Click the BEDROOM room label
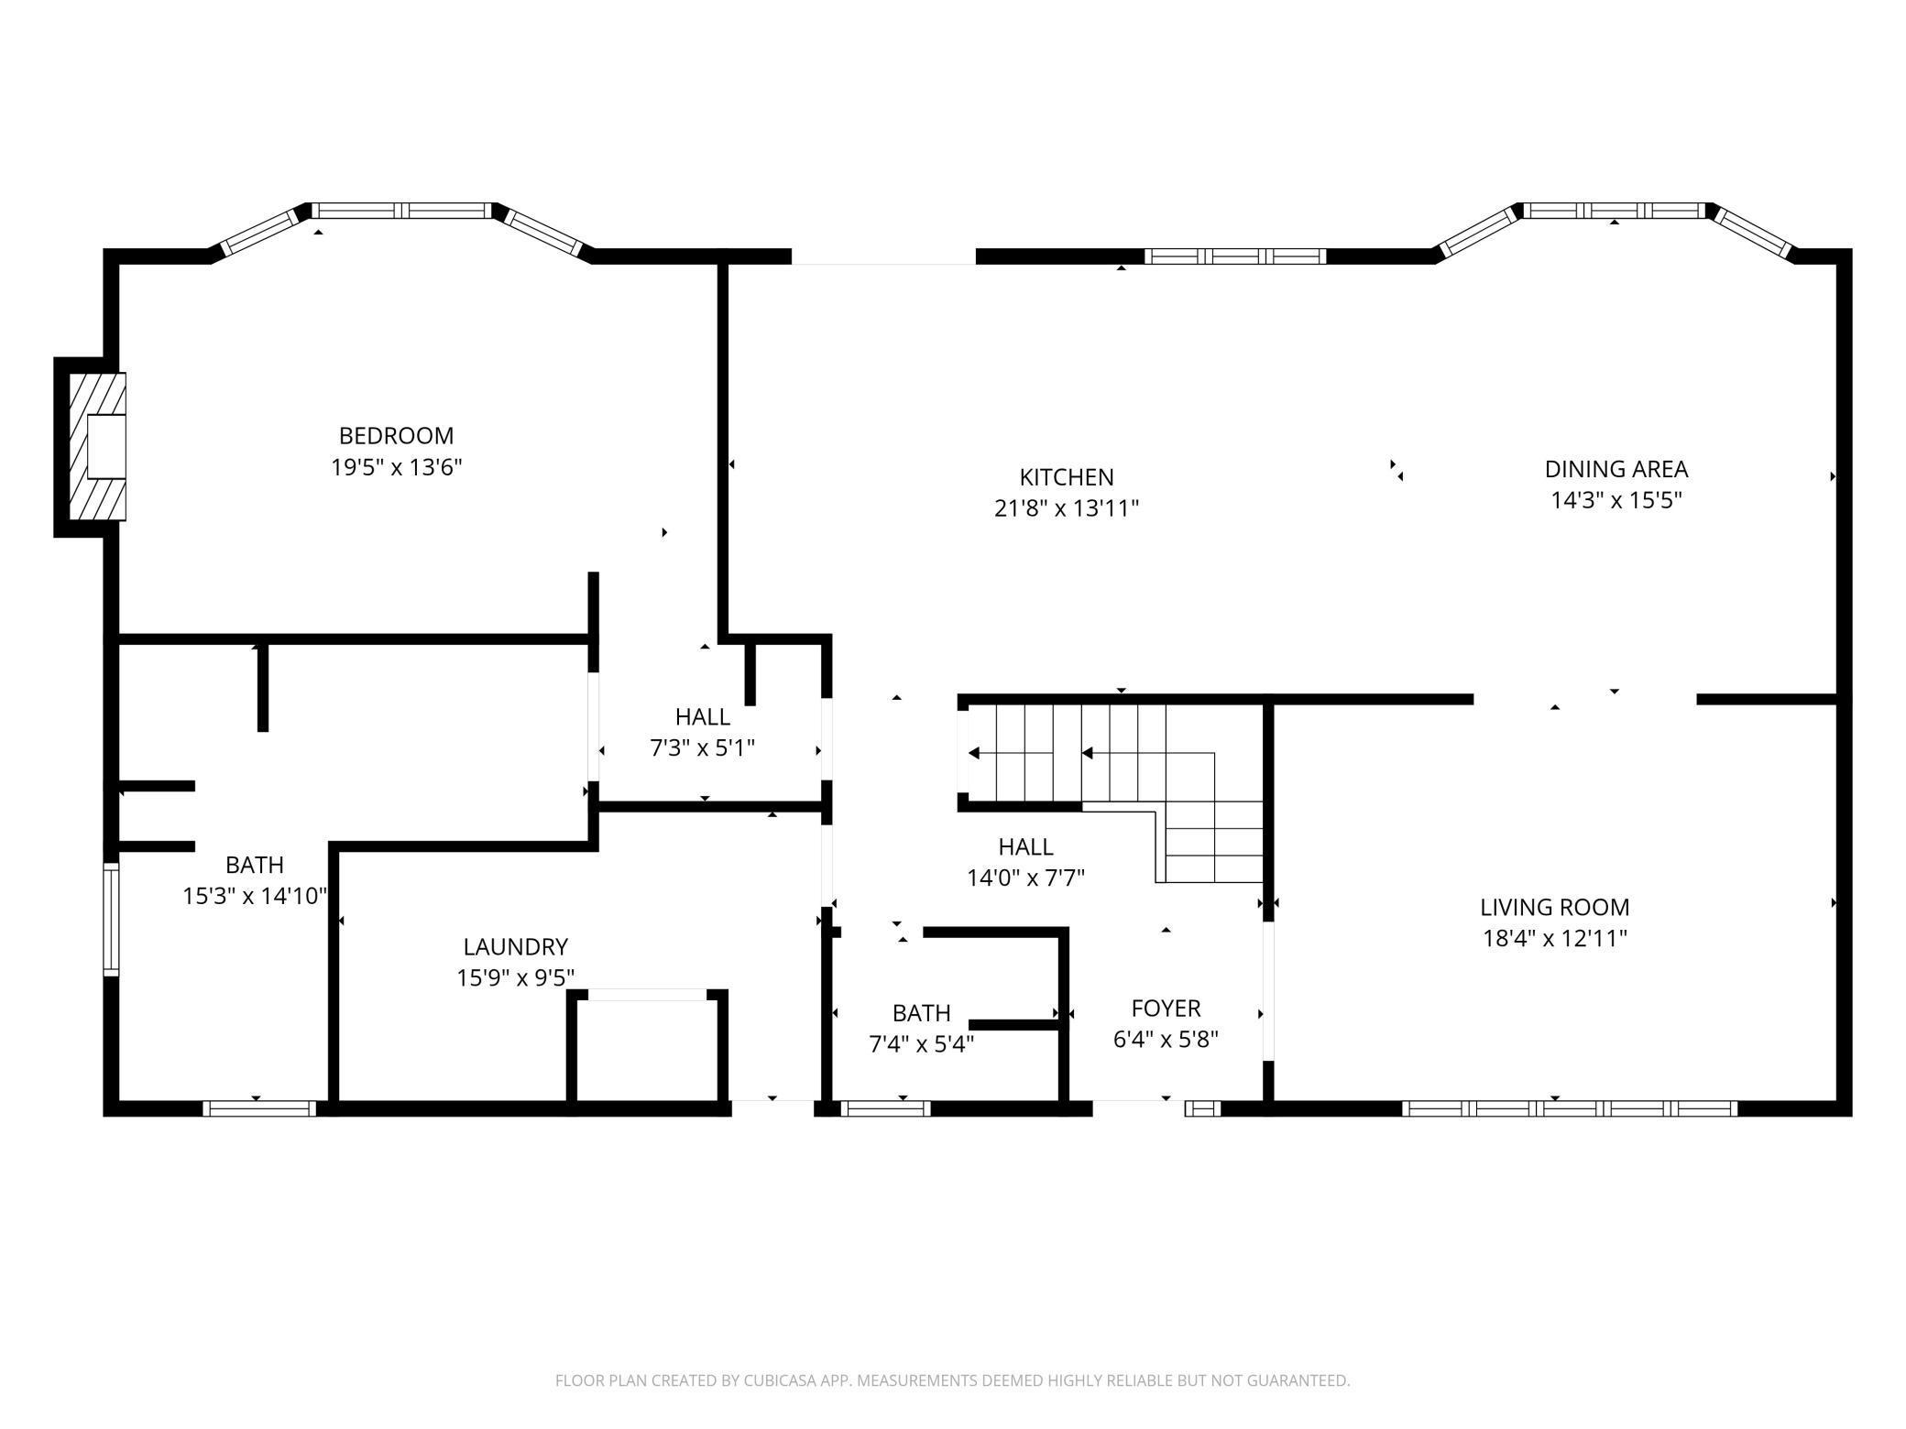[x=396, y=436]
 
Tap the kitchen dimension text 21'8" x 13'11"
[x=1066, y=508]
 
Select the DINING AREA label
[x=1616, y=469]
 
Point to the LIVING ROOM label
[x=1554, y=907]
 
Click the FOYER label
[x=1166, y=1008]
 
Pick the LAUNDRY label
[x=515, y=946]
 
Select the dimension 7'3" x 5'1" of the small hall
[x=702, y=748]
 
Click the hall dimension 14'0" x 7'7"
[x=1025, y=878]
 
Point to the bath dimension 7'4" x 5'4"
[x=921, y=1044]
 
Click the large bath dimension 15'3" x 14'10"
[x=255, y=896]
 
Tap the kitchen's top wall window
[x=1234, y=256]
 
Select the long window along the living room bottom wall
[x=1569, y=1108]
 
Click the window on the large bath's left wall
[x=111, y=919]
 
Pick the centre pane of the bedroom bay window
[x=401, y=211]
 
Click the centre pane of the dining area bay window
[x=1615, y=211]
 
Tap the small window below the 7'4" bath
[x=885, y=1108]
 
